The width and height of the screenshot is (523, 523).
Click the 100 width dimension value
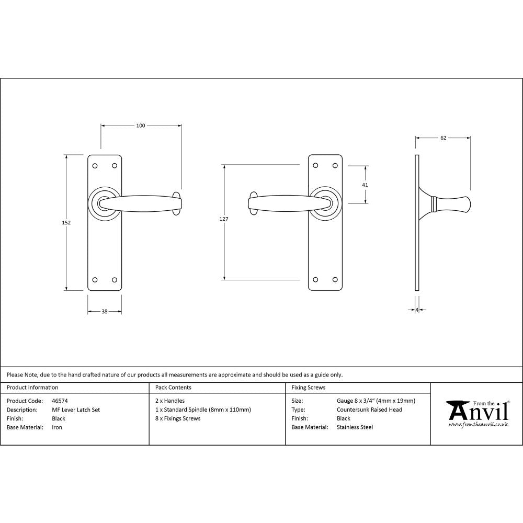141,126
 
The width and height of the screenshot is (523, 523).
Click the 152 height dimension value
66,222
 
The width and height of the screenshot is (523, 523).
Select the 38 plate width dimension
104,312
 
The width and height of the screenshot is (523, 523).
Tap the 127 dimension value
224,219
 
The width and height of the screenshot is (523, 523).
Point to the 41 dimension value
365,185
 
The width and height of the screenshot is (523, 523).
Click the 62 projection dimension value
443,138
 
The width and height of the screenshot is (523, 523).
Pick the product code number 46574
60,401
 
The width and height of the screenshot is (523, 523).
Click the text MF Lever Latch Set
76,410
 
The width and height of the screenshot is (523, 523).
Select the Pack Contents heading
173,388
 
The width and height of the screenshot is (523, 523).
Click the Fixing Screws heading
308,388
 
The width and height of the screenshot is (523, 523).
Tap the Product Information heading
32,388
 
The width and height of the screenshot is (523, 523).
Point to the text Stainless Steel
355,427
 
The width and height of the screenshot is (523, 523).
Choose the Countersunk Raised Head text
369,410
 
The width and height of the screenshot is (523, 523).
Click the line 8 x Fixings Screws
178,418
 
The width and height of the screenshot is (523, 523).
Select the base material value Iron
57,427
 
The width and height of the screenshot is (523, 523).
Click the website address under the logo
478,425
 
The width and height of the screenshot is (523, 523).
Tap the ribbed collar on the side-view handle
434,204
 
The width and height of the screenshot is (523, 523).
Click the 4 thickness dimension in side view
417,310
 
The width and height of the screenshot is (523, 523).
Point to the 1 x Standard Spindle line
203,410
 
